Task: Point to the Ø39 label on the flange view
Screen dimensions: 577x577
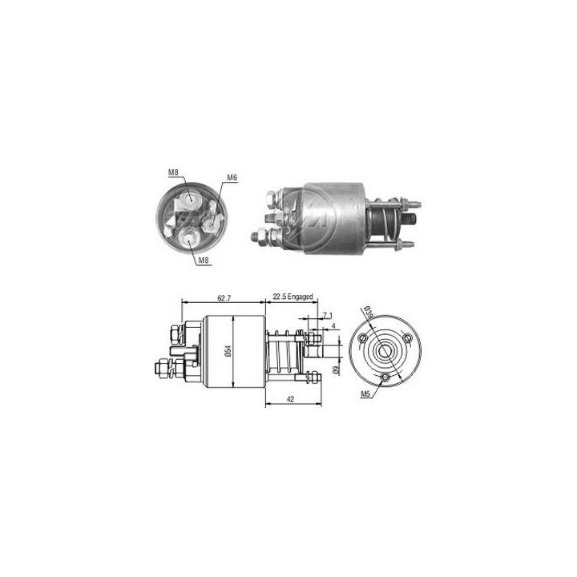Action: pyautogui.click(x=368, y=312)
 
